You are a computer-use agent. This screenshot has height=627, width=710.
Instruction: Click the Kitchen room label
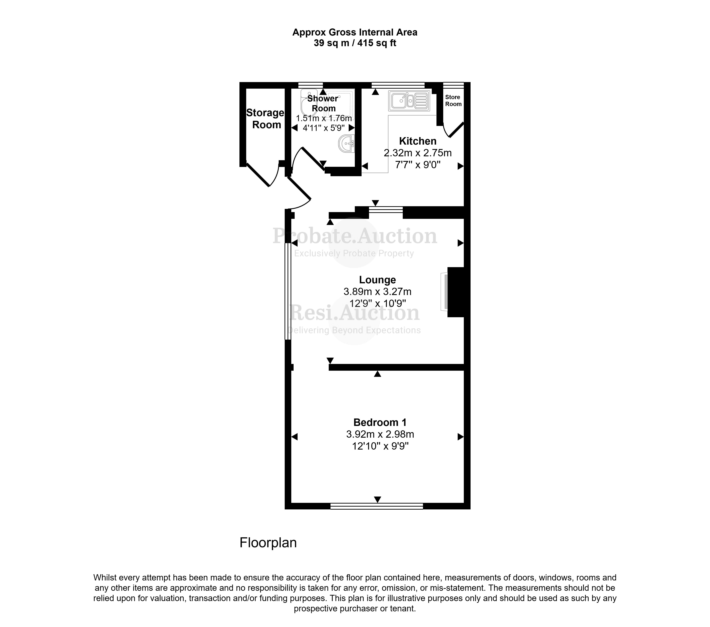point(417,141)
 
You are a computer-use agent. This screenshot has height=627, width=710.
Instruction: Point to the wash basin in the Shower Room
point(347,144)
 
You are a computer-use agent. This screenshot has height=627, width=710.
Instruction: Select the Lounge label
point(377,280)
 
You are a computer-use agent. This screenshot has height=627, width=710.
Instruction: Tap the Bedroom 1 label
point(380,422)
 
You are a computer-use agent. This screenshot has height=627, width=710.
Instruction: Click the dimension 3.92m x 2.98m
point(380,434)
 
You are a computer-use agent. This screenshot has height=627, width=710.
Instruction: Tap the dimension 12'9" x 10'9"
point(377,303)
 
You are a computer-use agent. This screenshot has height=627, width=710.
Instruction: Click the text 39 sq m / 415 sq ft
point(355,43)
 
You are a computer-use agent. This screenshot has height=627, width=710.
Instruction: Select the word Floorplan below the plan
point(268,543)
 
